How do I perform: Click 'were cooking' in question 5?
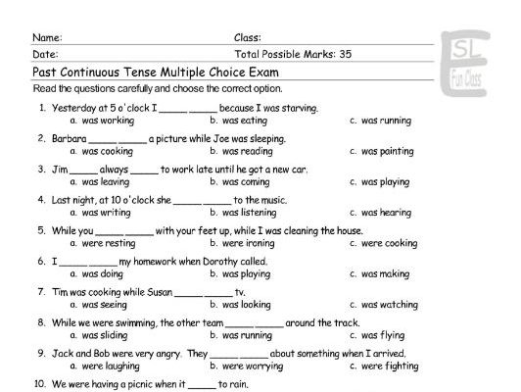(389, 243)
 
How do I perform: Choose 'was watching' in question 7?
(387, 305)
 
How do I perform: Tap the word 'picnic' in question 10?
(166, 385)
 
